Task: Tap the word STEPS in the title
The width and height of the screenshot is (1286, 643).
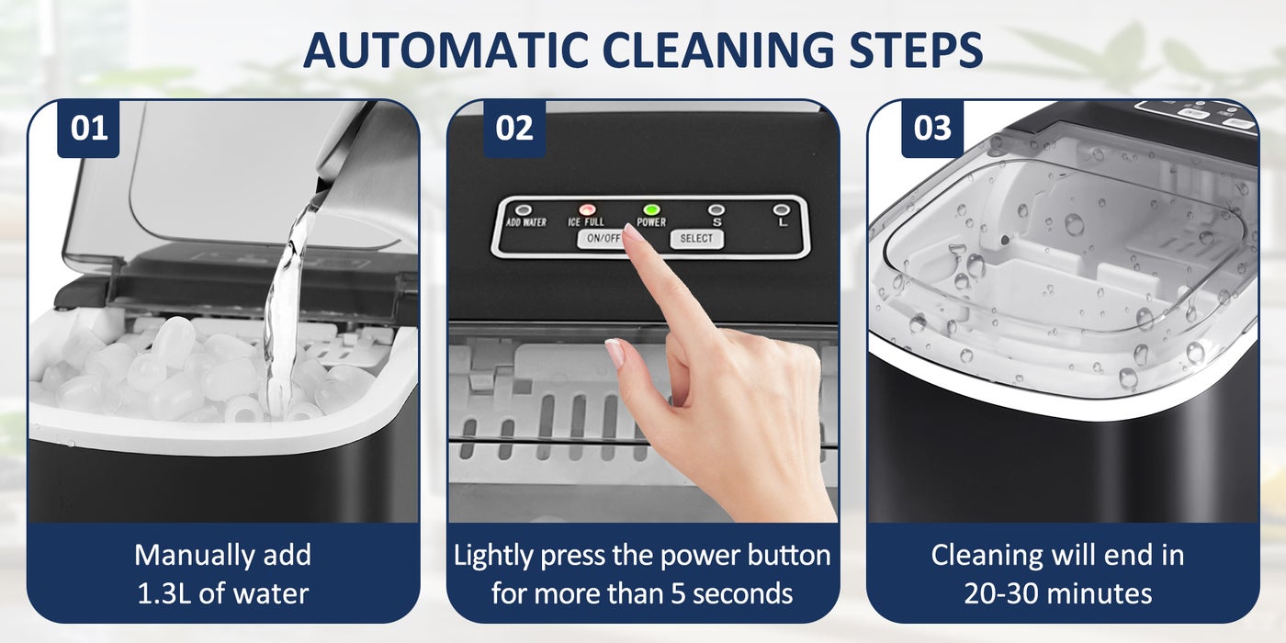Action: (917, 50)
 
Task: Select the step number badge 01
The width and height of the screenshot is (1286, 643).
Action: (88, 128)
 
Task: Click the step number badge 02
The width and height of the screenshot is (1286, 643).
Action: (514, 128)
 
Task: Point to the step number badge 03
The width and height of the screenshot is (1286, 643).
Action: (932, 128)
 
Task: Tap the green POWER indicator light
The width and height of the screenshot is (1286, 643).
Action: (651, 210)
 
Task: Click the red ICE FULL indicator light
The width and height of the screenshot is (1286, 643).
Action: (587, 210)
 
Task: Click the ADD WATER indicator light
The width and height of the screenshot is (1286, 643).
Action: (524, 210)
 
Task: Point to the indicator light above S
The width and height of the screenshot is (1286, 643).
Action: (716, 210)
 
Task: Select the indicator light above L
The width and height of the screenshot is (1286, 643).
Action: (781, 210)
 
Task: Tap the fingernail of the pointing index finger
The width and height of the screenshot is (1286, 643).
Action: (633, 233)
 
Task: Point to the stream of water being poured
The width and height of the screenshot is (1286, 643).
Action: (287, 299)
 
